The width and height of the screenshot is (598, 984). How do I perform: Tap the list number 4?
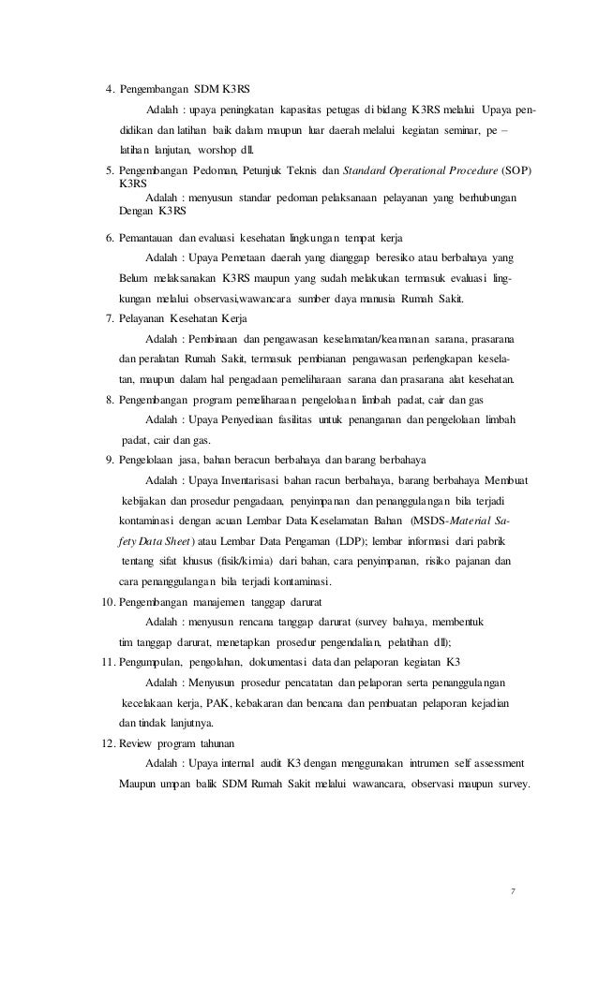click(x=109, y=90)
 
